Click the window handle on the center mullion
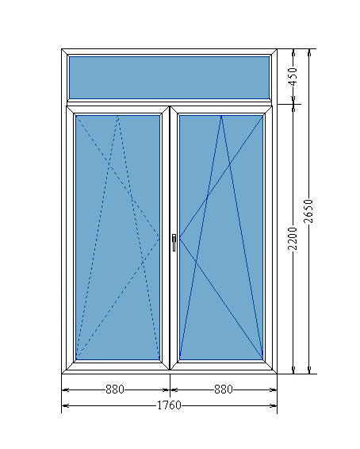point(174,242)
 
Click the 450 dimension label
point(293,76)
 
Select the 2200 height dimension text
point(293,238)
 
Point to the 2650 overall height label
point(308,211)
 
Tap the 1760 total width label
point(170,405)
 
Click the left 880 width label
point(115,390)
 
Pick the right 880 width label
point(224,390)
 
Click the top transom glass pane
point(170,78)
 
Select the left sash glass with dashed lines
point(117,237)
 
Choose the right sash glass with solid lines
point(221,237)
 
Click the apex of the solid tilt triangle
point(221,116)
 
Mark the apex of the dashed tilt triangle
point(118,116)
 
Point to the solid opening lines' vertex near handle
point(179,238)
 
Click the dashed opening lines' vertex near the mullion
point(159,238)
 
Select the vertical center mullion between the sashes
point(170,238)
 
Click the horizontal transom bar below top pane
point(170,102)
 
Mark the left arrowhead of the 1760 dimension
point(65,405)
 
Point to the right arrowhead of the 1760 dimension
point(274,405)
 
